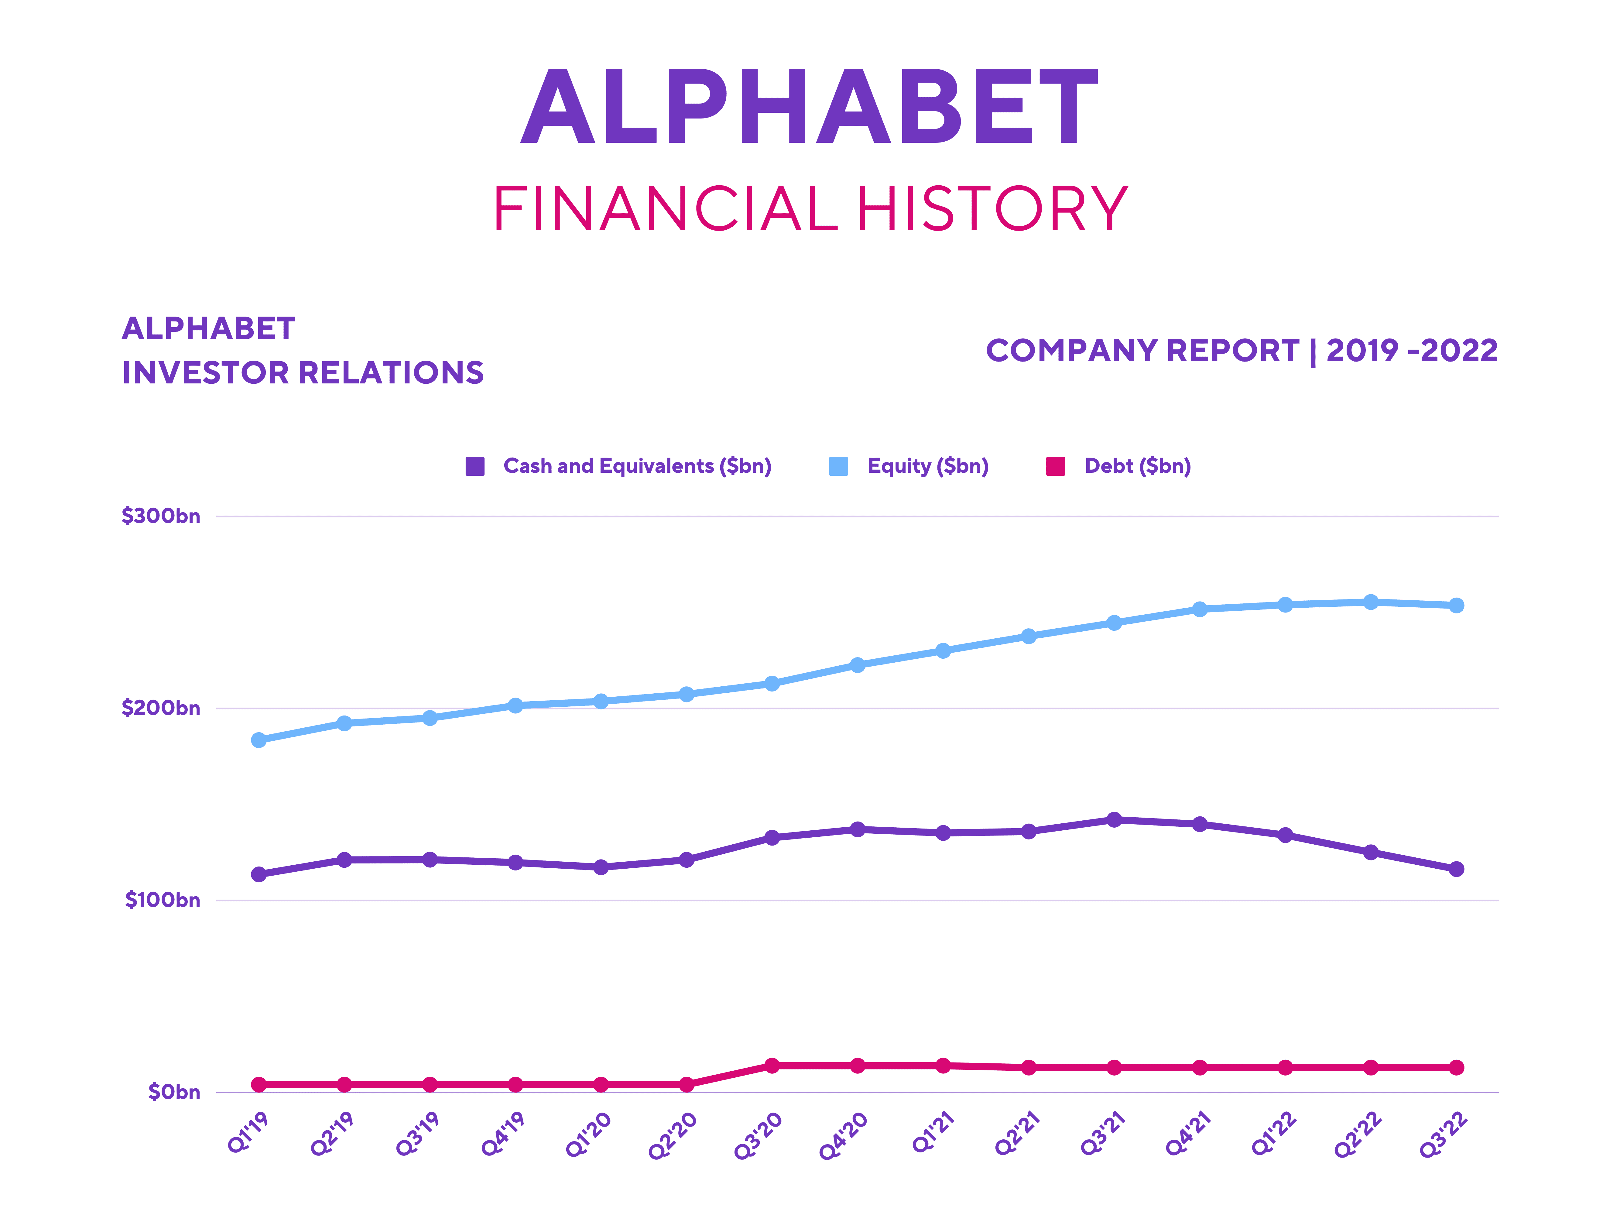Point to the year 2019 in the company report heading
click(1362, 351)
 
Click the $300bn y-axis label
click(160, 516)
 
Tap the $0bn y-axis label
click(173, 1092)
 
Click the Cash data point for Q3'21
click(1114, 819)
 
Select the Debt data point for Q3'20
click(772, 1066)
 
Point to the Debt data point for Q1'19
click(259, 1085)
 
